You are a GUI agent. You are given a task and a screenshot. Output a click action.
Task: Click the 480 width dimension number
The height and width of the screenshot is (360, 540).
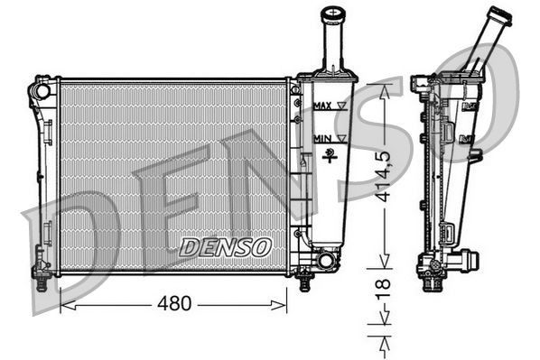(174, 304)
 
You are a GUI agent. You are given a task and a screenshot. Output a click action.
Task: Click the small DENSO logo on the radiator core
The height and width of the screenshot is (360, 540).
(224, 245)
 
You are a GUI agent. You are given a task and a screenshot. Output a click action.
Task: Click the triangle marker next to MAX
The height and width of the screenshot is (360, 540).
(341, 106)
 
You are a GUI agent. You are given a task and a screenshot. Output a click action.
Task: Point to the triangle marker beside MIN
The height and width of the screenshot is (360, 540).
(340, 137)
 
